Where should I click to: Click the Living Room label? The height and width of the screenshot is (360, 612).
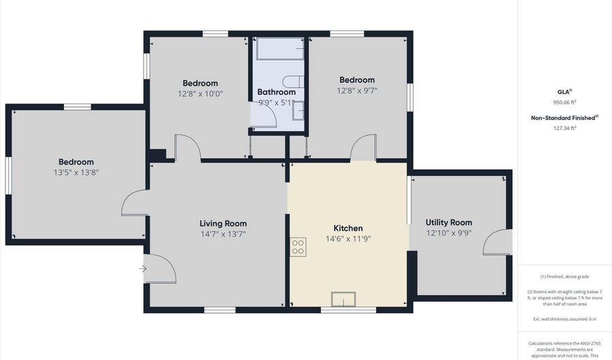pyautogui.click(x=223, y=223)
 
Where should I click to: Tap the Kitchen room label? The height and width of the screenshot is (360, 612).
pyautogui.click(x=348, y=228)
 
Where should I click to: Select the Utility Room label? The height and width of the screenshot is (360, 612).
pyautogui.click(x=449, y=223)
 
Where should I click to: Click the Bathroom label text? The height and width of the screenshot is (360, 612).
pyautogui.click(x=276, y=92)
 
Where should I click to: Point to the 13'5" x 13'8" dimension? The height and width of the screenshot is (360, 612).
pyautogui.click(x=75, y=173)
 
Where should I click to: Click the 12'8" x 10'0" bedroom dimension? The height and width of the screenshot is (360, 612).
pyautogui.click(x=201, y=94)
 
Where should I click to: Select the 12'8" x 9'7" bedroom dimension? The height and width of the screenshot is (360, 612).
pyautogui.click(x=357, y=90)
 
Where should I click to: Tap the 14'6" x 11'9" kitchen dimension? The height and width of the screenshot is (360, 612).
pyautogui.click(x=348, y=239)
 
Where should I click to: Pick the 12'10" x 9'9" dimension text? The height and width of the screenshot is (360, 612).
pyautogui.click(x=449, y=233)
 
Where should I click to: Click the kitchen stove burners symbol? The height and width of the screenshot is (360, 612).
pyautogui.click(x=298, y=246)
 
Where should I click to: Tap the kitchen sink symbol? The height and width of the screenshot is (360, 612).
pyautogui.click(x=343, y=299)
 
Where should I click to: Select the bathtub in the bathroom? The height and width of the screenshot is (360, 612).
pyautogui.click(x=279, y=49)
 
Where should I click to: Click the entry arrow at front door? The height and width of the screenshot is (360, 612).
pyautogui.click(x=143, y=269)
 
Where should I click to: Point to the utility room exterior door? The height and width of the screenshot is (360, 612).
pyautogui.click(x=499, y=244)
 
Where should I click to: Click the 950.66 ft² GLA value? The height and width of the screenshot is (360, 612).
pyautogui.click(x=564, y=102)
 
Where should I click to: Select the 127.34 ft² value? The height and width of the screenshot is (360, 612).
pyautogui.click(x=564, y=127)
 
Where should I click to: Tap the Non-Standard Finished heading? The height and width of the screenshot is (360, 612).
pyautogui.click(x=564, y=118)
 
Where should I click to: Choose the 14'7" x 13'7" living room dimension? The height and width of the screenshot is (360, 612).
pyautogui.click(x=223, y=234)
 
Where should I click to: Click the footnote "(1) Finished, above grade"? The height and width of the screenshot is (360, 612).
pyautogui.click(x=564, y=277)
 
